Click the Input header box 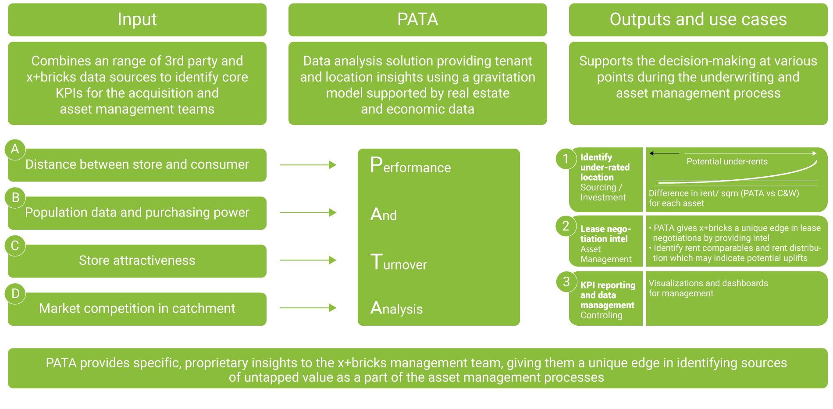tap(137, 20)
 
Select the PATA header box tap(417, 20)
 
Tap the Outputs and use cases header tap(698, 20)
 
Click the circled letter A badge tap(15, 149)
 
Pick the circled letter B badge tap(15, 198)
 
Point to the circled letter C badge tap(15, 245)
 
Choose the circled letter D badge tap(15, 294)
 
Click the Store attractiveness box tap(137, 261)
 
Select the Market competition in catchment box tap(137, 309)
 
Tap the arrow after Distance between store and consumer tap(308, 165)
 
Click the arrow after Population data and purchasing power tap(308, 213)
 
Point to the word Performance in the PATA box tap(410, 166)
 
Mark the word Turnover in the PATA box tap(399, 263)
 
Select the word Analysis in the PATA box tap(396, 308)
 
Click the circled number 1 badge tap(566, 159)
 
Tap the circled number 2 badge tap(566, 226)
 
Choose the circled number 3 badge tap(566, 281)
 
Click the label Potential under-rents tap(727, 161)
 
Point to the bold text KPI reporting tap(608, 285)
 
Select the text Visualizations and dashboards tap(708, 283)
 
